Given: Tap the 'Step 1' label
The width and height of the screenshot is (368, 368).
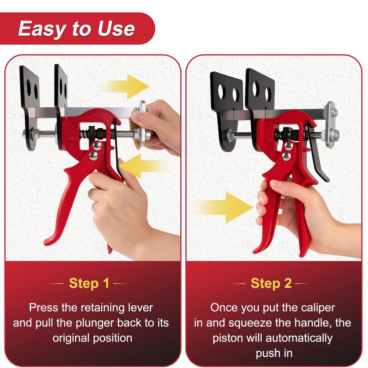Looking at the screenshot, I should (x=89, y=283).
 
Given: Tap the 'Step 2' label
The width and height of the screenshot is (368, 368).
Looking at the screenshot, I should (x=271, y=283).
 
